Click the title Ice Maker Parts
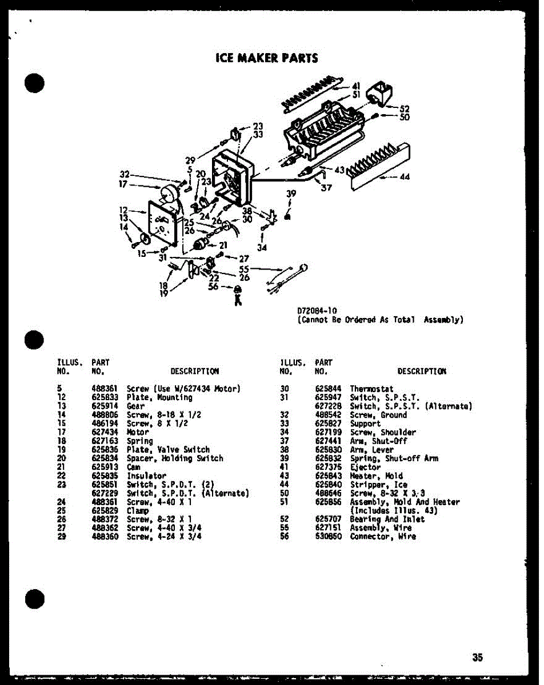pos(266,58)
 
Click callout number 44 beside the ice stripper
pos(405,177)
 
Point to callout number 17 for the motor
pos(122,184)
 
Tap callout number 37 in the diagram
pos(326,187)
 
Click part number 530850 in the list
pos(327,537)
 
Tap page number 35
pos(477,657)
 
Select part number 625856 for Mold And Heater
pos(327,502)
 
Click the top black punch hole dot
pos(35,83)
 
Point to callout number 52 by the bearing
pos(405,108)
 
